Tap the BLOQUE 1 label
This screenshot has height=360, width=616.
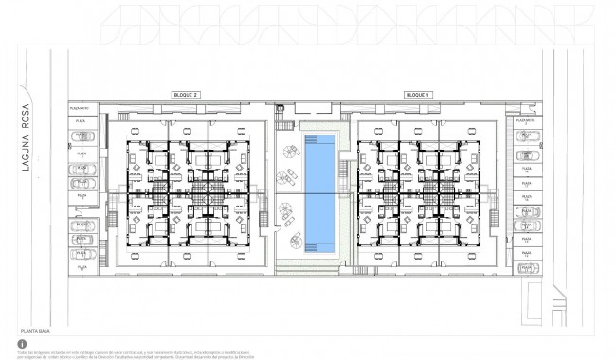(417, 96)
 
